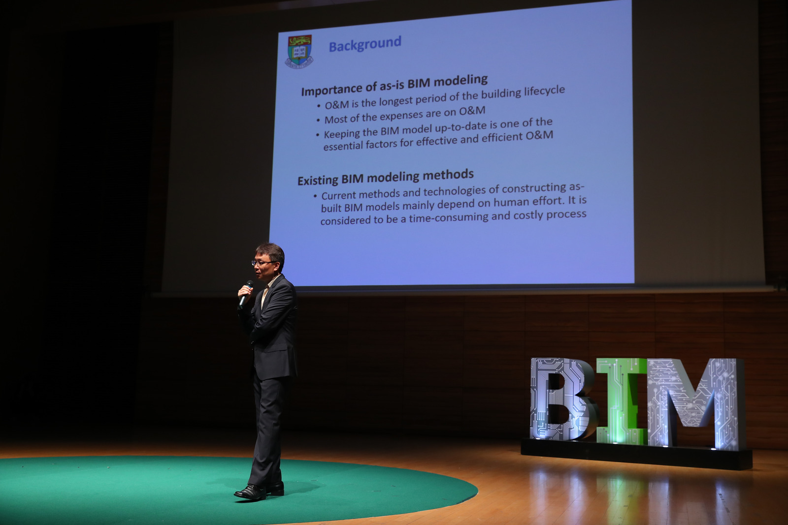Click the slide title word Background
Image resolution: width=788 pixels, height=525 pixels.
tap(365, 44)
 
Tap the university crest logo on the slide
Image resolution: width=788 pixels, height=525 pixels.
tap(299, 51)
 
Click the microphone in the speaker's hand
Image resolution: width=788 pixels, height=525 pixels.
tap(246, 294)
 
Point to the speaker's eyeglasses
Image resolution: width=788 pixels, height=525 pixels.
tap(263, 263)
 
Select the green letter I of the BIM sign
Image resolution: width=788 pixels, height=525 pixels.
tap(621, 401)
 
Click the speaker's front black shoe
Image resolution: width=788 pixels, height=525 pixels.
tap(250, 492)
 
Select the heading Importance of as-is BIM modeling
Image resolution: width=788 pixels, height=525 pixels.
tap(394, 85)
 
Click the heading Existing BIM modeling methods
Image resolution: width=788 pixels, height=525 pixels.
tap(386, 177)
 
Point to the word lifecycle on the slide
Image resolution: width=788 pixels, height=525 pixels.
tap(544, 91)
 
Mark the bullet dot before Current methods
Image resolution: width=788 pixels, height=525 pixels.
tap(315, 196)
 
